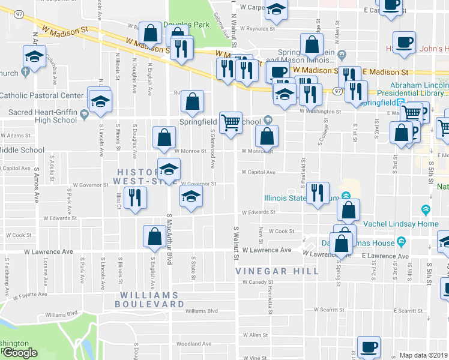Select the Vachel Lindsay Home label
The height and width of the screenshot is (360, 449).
pos(395,224)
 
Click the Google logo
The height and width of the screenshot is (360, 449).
pos(19,353)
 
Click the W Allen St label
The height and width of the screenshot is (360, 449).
pos(255,335)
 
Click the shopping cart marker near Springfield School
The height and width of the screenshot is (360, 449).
pos(231,124)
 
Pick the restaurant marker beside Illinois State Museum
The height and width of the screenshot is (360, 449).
pos(318,194)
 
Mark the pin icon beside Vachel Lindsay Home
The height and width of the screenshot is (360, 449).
pos(426,211)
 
